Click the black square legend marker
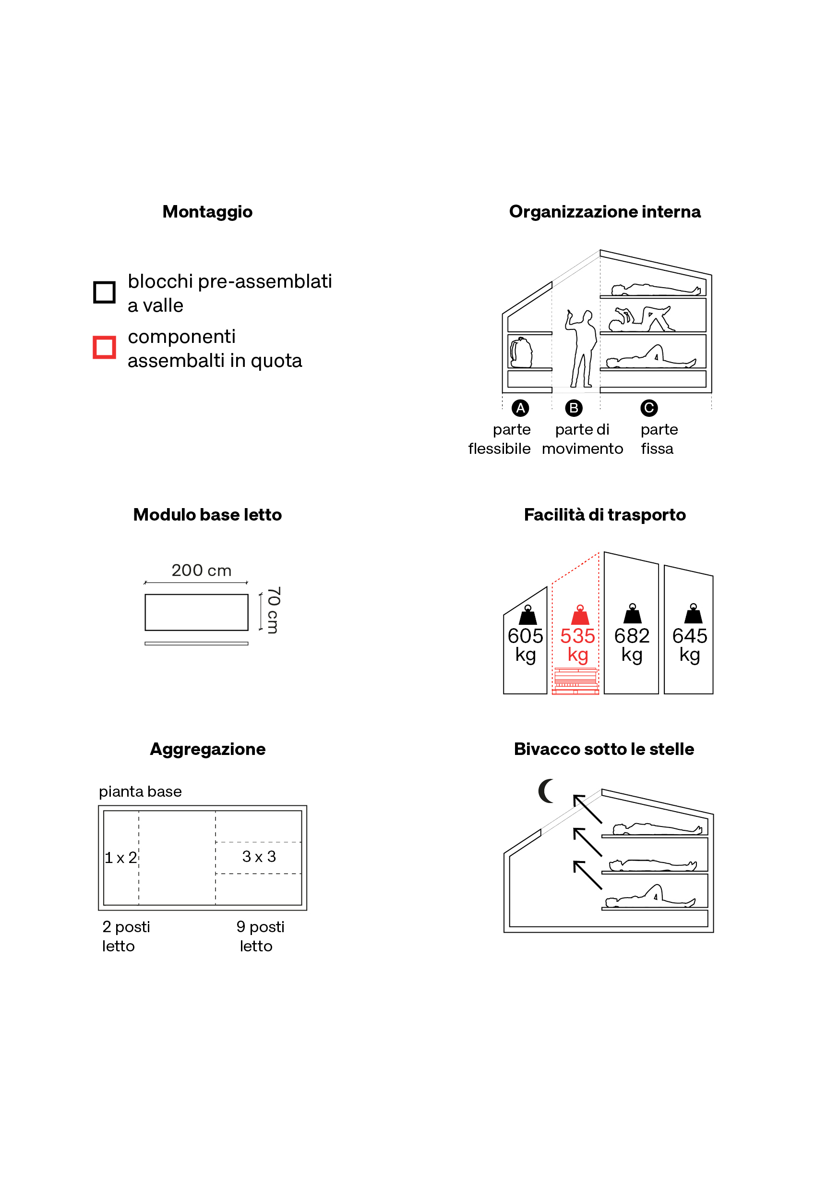pyautogui.click(x=104, y=292)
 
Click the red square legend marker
pyautogui.click(x=104, y=347)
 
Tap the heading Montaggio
pyautogui.click(x=207, y=212)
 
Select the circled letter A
pyautogui.click(x=521, y=408)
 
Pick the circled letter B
pyautogui.click(x=574, y=408)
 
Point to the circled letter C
pyautogui.click(x=649, y=408)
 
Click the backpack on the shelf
pyautogui.click(x=521, y=352)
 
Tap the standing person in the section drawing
pyautogui.click(x=581, y=349)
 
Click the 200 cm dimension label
pyautogui.click(x=201, y=571)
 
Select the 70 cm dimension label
pyautogui.click(x=273, y=610)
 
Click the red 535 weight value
pyautogui.click(x=578, y=636)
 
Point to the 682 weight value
pyautogui.click(x=632, y=636)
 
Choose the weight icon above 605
pyautogui.click(x=528, y=615)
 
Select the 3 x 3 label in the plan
pyautogui.click(x=259, y=856)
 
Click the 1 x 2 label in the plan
pyautogui.click(x=121, y=857)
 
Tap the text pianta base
pyautogui.click(x=140, y=791)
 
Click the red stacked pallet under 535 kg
pyautogui.click(x=575, y=681)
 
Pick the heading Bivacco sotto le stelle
pyautogui.click(x=604, y=749)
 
